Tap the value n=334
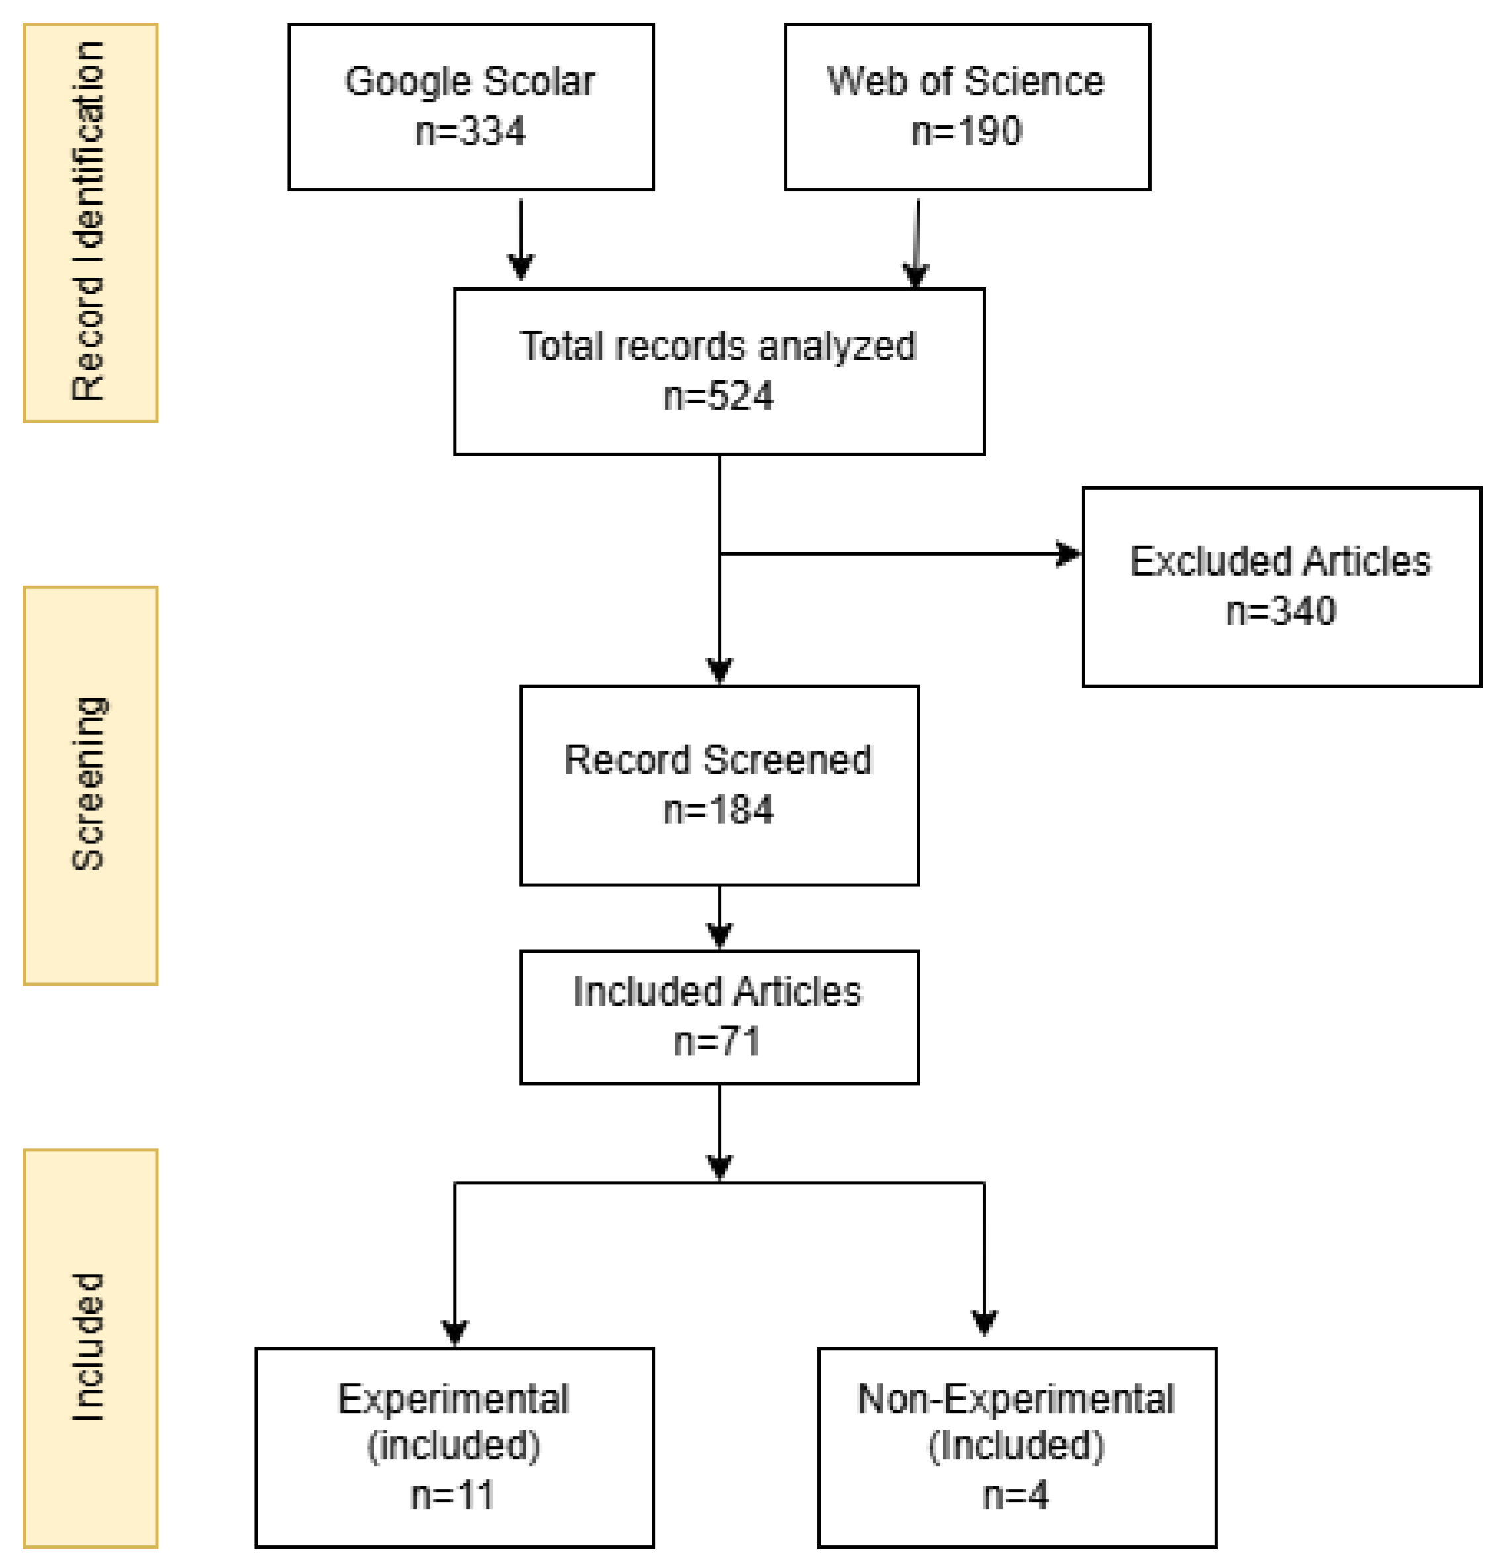point(471,132)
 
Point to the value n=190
point(966,132)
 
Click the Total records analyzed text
point(717,346)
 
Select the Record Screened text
point(717,760)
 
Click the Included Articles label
point(717,992)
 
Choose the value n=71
point(717,1042)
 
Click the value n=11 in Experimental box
point(453,1495)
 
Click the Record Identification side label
point(89,222)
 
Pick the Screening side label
point(89,784)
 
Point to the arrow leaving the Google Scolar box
point(521,239)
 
